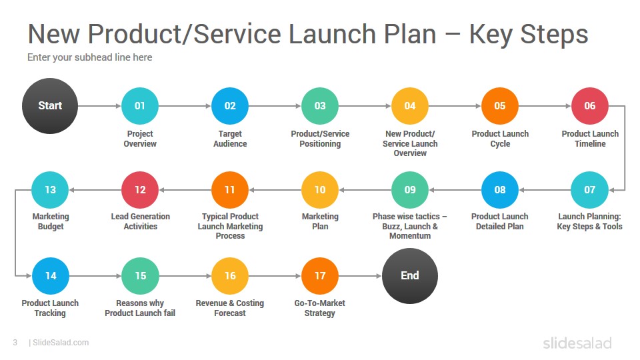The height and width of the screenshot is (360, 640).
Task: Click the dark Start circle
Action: point(50,106)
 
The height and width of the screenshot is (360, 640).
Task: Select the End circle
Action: point(410,276)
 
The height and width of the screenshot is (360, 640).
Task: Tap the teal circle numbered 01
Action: point(140,106)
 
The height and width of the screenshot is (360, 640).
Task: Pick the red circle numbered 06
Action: point(590,106)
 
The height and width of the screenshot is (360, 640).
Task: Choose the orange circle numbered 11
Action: point(230,190)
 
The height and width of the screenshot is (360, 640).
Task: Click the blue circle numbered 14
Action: point(51,276)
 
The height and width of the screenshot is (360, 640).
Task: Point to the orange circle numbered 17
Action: point(320,276)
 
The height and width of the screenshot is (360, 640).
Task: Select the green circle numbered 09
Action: point(410,190)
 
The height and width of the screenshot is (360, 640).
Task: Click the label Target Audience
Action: point(230,139)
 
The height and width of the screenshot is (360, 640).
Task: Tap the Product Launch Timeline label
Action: point(590,139)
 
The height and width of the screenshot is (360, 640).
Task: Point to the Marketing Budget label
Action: point(51,221)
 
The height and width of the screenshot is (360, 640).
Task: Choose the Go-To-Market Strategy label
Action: point(319,308)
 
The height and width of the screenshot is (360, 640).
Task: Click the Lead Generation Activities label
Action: point(141,221)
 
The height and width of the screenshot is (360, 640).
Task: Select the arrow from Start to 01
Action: point(99,106)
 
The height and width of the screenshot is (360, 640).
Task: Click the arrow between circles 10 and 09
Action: point(365,190)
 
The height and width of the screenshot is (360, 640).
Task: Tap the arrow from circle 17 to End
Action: point(361,276)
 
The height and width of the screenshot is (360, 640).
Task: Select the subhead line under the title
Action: point(90,57)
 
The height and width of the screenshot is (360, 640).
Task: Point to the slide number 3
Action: point(15,343)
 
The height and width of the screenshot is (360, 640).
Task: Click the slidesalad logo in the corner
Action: point(577,343)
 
